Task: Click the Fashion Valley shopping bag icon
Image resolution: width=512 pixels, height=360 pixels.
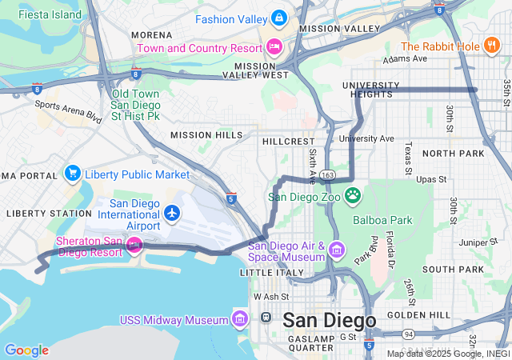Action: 278,17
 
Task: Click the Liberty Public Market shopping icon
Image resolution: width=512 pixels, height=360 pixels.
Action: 73,174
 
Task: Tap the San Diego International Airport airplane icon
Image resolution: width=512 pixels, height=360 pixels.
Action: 172,213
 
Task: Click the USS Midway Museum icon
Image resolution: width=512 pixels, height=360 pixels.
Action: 239,320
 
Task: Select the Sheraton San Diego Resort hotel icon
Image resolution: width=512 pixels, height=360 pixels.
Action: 134,243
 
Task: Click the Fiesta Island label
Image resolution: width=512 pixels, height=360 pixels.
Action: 50,14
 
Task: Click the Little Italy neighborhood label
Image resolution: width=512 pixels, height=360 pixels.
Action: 266,272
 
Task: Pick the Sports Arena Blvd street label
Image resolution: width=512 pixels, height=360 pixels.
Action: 68,110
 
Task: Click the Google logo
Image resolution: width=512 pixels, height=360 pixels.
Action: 26,350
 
